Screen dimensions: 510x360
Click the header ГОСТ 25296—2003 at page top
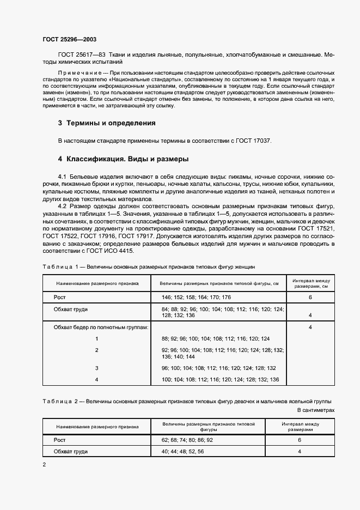[69, 39]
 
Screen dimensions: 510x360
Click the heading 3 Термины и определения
[107, 123]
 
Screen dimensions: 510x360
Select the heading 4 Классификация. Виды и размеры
[123, 160]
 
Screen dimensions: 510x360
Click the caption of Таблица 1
[148, 267]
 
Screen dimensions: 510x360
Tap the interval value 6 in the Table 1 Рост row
[309, 297]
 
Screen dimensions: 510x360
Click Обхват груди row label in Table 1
[71, 309]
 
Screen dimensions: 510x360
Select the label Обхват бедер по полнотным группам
[101, 327]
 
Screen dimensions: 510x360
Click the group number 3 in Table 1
[96, 368]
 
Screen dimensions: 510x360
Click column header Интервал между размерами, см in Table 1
[309, 282]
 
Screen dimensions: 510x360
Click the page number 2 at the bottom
[44, 465]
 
